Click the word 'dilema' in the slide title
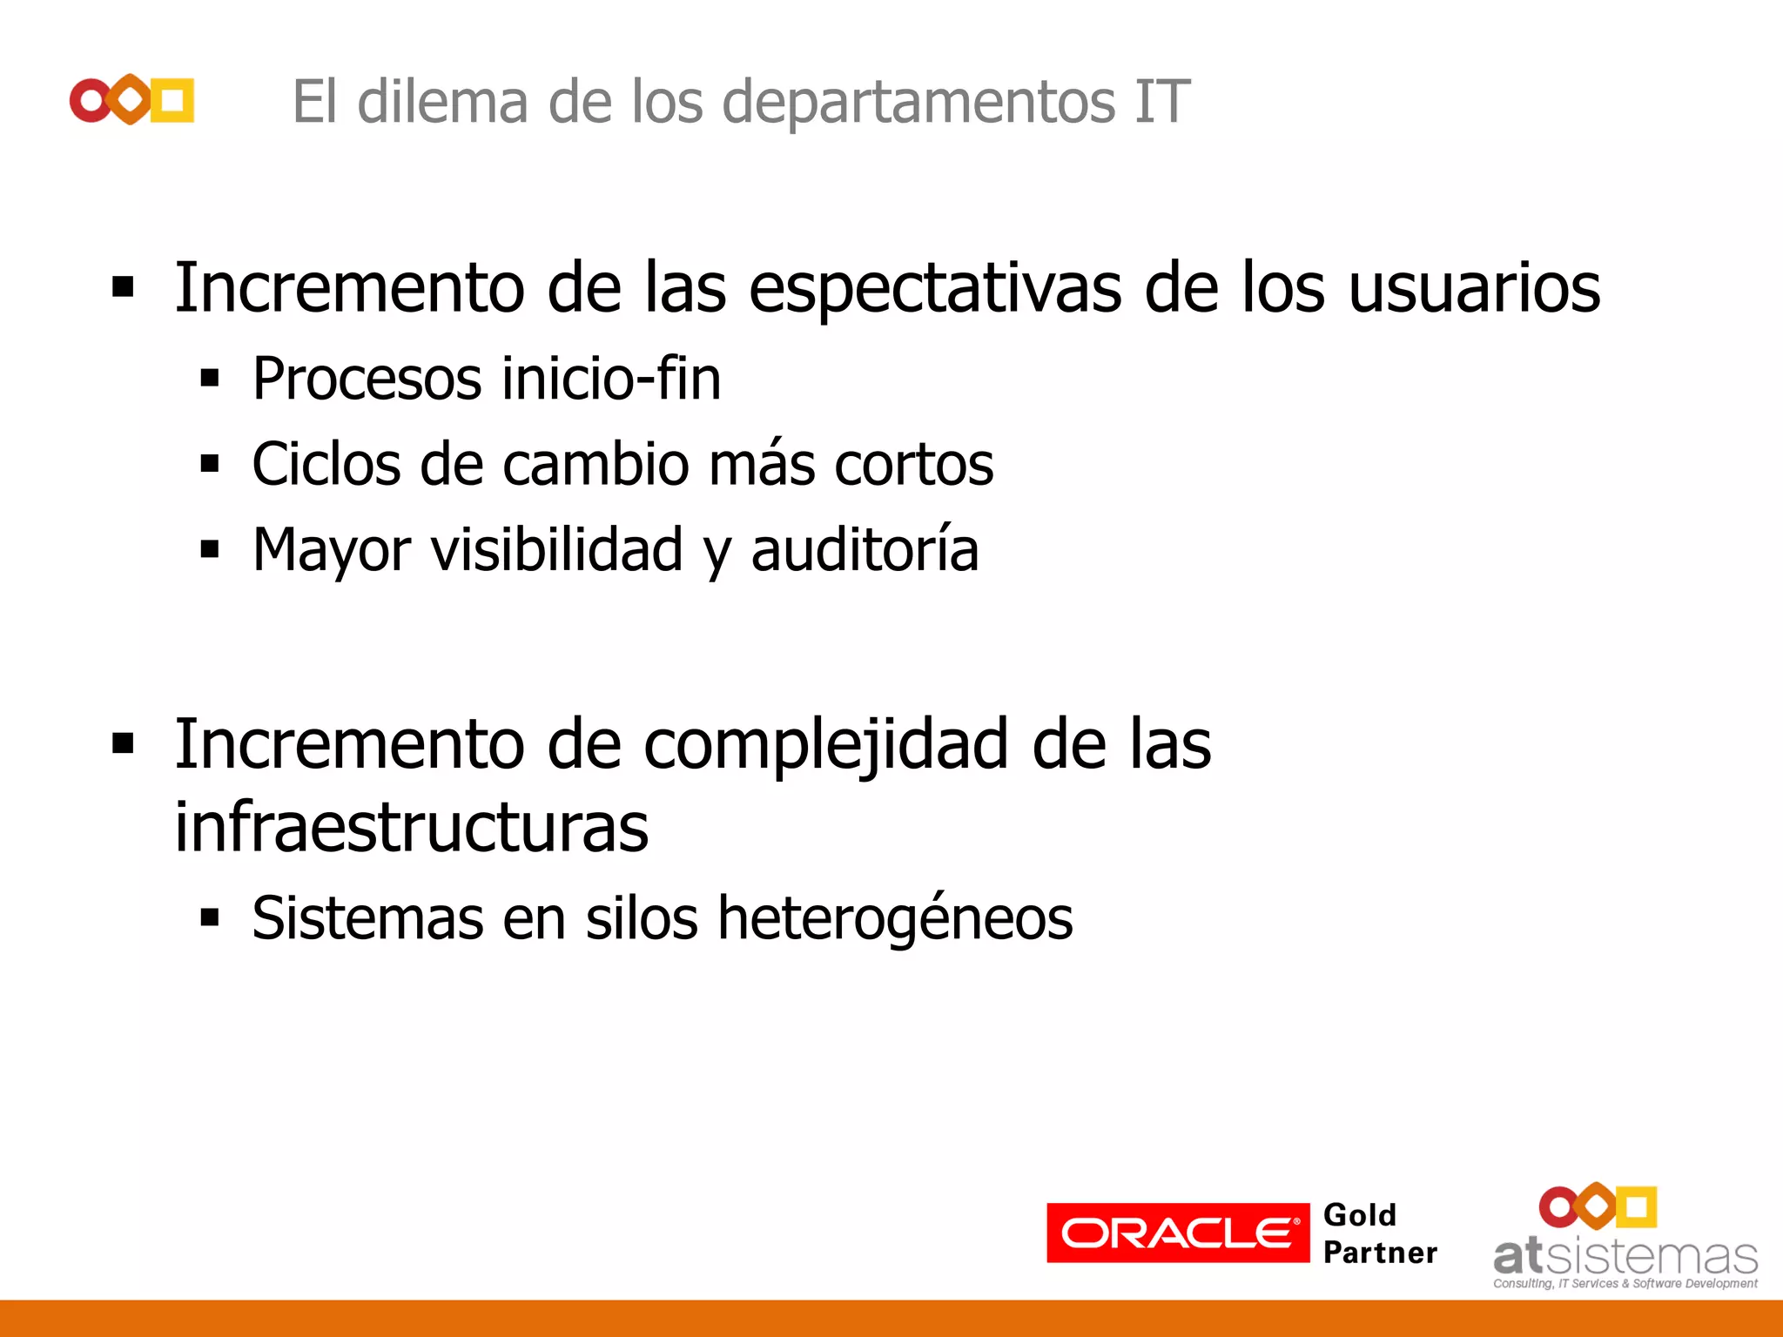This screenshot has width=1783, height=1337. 442,102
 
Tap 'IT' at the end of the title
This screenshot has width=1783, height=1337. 1161,102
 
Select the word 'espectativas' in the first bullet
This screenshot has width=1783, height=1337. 935,289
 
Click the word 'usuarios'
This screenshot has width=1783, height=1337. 1474,289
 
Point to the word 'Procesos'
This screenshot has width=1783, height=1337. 367,380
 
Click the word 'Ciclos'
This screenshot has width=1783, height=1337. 326,464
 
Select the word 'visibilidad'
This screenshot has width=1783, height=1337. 557,550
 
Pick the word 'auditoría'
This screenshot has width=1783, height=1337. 865,550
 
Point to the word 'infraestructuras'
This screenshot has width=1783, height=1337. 411,827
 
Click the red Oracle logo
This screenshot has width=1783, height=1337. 1177,1233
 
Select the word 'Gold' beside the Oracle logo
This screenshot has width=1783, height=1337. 1359,1215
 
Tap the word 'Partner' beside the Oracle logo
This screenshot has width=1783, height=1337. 1380,1253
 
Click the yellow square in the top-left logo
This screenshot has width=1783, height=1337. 172,100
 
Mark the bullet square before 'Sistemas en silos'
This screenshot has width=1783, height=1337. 209,917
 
